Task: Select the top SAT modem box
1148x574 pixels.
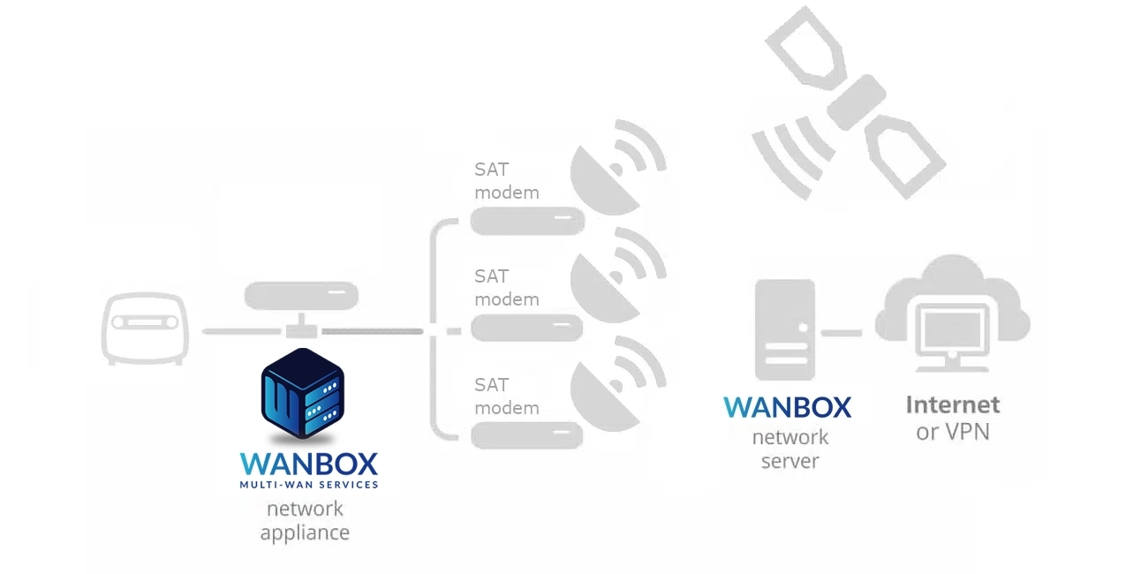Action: click(527, 221)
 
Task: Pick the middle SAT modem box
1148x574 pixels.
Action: click(527, 328)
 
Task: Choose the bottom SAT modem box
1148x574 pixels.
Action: click(527, 435)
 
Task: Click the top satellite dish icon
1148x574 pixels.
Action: click(617, 168)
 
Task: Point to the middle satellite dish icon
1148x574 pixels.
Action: click(617, 276)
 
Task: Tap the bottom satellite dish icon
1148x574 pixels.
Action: click(617, 383)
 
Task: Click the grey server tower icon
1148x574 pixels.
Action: click(785, 329)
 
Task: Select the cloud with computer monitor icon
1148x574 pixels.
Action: click(952, 313)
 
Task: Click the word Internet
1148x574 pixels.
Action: click(953, 404)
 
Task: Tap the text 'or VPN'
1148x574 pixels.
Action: click(953, 432)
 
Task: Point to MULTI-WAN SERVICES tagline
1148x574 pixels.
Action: click(309, 484)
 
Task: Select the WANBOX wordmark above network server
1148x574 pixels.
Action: click(787, 407)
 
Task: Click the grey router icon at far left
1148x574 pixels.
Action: click(145, 328)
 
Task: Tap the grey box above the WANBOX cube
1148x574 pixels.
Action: click(301, 296)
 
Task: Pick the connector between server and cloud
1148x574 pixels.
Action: click(842, 333)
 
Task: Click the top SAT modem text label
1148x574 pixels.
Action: click(507, 181)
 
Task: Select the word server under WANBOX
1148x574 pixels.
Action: click(789, 461)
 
